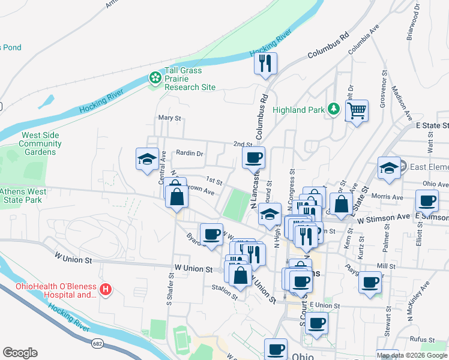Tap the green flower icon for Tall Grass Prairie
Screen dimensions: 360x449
(x=155, y=79)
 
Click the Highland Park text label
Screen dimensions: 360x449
(x=298, y=110)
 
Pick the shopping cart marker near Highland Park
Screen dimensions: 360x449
(x=357, y=110)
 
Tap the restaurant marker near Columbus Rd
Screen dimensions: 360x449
(x=265, y=62)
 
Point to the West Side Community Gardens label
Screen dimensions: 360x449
(x=40, y=143)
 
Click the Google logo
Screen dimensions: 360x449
(x=20, y=353)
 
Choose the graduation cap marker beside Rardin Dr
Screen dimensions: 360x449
(x=148, y=159)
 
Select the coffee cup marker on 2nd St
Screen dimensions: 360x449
(x=253, y=158)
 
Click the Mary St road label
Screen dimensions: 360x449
(x=169, y=118)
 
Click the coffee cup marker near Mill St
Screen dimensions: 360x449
(x=370, y=281)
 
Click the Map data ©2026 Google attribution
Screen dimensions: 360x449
(x=412, y=355)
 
